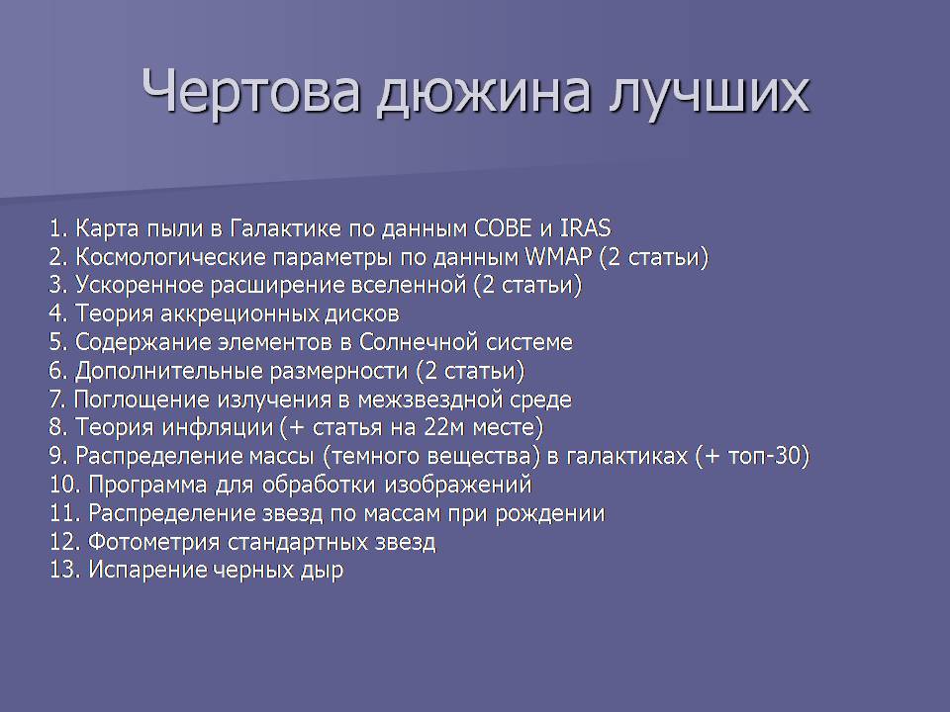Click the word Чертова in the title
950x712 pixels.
coord(251,91)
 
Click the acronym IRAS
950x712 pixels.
coord(585,228)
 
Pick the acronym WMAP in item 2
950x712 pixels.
coord(558,257)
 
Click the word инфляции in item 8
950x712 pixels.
coord(218,428)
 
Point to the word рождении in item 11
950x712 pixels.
coord(550,514)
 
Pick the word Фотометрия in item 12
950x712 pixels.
coord(154,542)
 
